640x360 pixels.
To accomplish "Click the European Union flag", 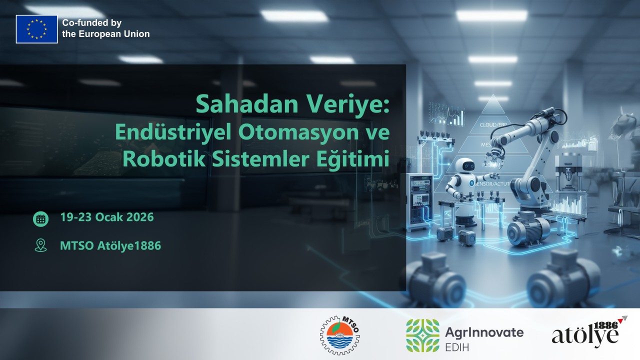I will (36, 29).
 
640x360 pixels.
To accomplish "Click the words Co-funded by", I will (91, 23).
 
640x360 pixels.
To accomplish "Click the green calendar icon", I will (40, 218).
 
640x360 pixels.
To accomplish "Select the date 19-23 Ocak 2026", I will (106, 218).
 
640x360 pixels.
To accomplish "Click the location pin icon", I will (40, 245).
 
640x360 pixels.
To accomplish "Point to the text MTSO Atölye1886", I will (110, 245).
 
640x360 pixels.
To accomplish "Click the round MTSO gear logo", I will (340, 334).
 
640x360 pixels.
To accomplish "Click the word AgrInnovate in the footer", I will (483, 331).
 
